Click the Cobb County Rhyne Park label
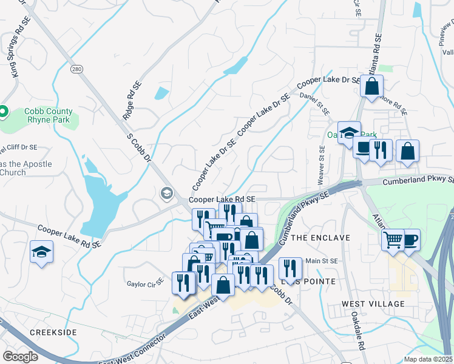(48, 115)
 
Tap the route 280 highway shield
(76, 69)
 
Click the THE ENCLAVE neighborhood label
(320, 238)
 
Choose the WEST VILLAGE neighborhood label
(373, 303)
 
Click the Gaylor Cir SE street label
(146, 283)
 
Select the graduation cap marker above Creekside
(42, 252)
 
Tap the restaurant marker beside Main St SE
(290, 268)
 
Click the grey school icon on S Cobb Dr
(166, 193)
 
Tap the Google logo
(21, 356)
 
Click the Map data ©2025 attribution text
(429, 359)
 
